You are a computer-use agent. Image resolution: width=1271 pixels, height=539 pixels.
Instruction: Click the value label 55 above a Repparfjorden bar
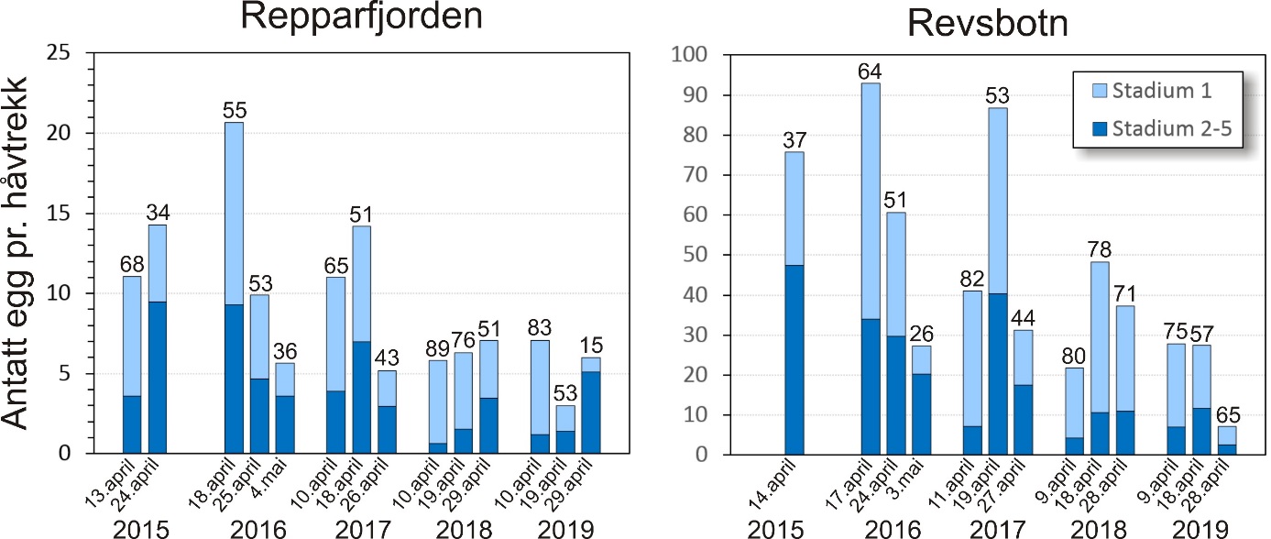tap(234, 109)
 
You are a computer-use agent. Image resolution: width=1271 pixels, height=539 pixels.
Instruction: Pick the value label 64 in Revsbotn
tap(871, 71)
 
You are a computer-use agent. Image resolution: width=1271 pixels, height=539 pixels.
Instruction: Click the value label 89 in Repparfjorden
tap(439, 346)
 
